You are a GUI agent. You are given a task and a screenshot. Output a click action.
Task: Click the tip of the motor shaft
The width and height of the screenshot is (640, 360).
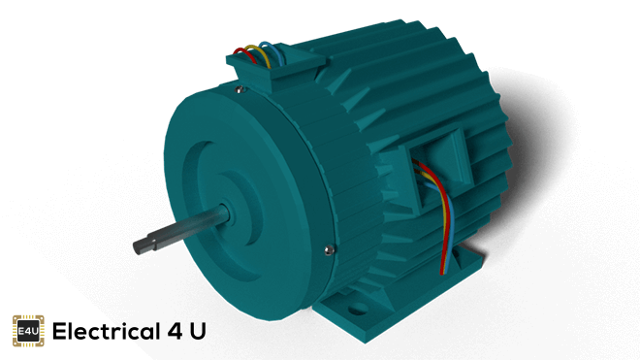coord(137,247)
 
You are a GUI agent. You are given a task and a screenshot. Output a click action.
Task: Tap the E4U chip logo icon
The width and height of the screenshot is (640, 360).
coord(28,331)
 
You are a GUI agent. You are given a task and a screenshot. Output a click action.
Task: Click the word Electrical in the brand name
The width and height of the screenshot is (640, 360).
coord(106,331)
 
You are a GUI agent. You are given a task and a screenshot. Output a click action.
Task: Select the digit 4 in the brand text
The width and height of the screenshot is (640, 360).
coord(175,332)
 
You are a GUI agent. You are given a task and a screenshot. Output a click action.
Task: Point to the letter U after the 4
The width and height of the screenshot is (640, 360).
coord(198,332)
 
